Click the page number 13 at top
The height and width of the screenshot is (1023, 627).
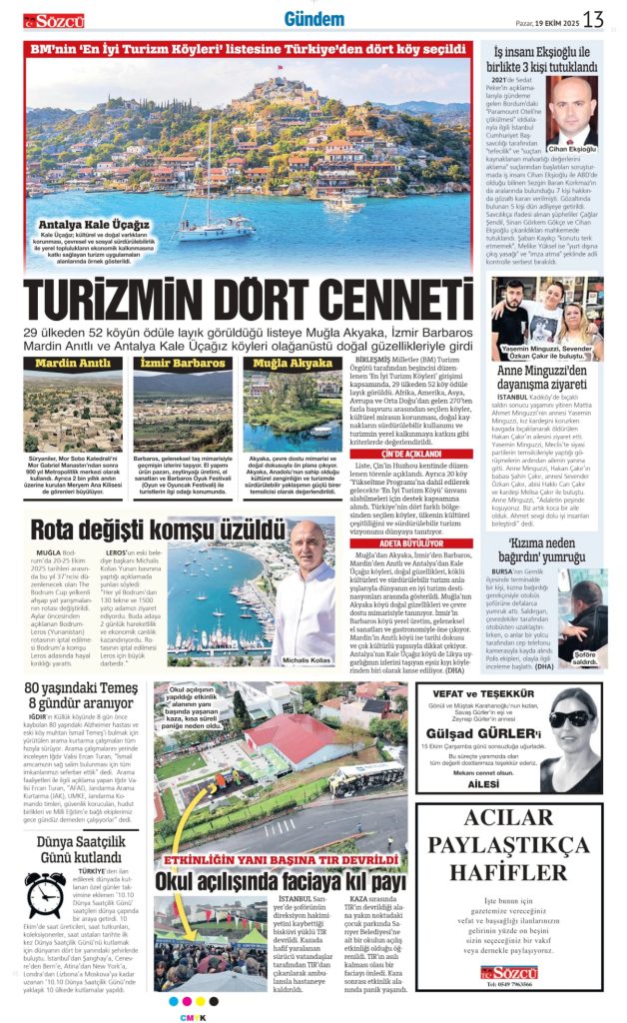pyautogui.click(x=593, y=19)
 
